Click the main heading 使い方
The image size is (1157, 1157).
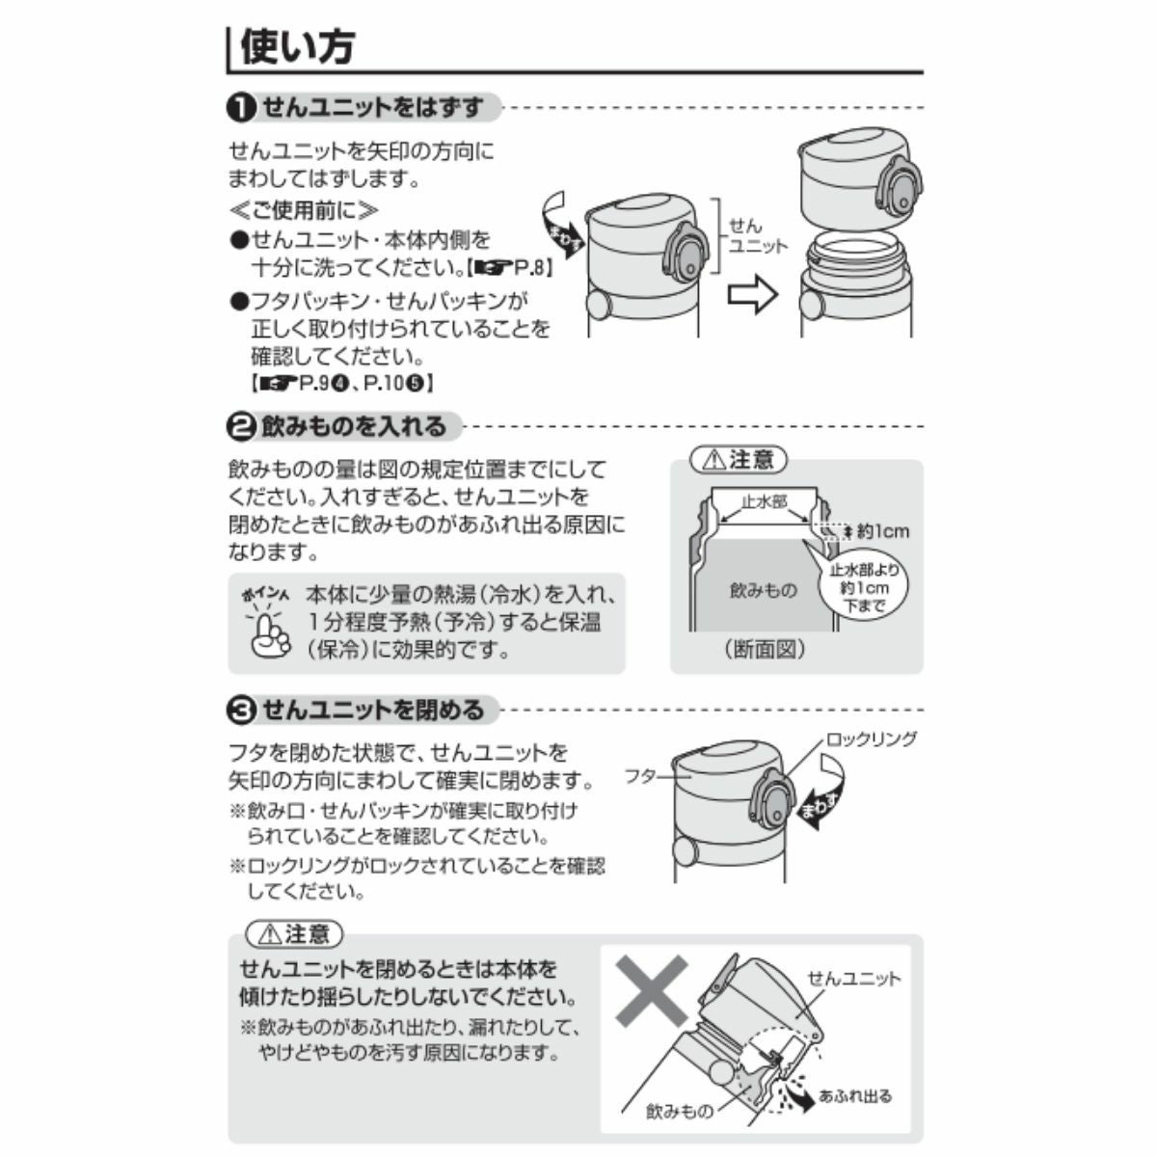298,47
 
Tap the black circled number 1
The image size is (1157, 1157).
241,109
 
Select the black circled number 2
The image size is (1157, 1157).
241,427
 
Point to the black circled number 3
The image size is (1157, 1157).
241,711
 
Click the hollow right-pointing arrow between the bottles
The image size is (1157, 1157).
753,294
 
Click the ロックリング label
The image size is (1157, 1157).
872,739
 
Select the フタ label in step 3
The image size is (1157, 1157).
640,776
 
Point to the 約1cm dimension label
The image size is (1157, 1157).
883,531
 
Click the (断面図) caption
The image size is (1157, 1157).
765,649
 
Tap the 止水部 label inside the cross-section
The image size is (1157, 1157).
765,501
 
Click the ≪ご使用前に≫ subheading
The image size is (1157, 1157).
304,210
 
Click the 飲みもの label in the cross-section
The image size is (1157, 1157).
763,590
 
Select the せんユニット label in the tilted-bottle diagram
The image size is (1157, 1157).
854,980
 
